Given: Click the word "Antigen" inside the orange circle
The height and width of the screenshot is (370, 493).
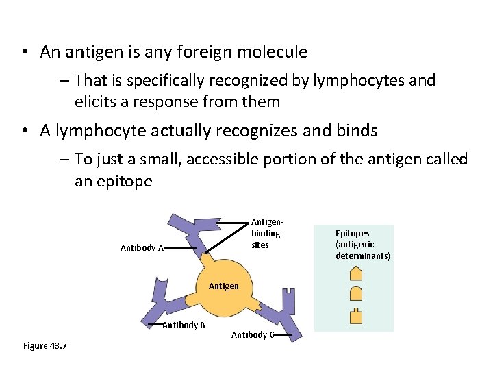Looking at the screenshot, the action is click(223, 286).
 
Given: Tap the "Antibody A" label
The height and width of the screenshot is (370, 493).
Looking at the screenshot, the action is click(142, 248).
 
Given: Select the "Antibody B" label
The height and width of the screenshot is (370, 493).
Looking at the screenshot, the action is click(184, 325).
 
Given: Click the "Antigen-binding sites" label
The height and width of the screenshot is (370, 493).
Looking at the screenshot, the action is click(266, 233).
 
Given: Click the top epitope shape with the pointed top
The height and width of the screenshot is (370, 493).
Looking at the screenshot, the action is click(355, 273).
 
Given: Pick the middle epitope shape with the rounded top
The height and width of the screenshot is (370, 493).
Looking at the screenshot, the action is click(355, 294).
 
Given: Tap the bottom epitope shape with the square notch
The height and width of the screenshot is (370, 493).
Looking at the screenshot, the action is click(355, 316).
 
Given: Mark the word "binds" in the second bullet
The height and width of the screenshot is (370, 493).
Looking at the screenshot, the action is click(357, 131).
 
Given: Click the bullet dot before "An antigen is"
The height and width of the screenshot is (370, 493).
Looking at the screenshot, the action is click(24, 53).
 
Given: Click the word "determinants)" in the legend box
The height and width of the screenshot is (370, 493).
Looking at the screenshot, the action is click(363, 256).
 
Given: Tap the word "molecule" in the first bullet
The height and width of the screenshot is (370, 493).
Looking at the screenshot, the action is click(275, 52).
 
